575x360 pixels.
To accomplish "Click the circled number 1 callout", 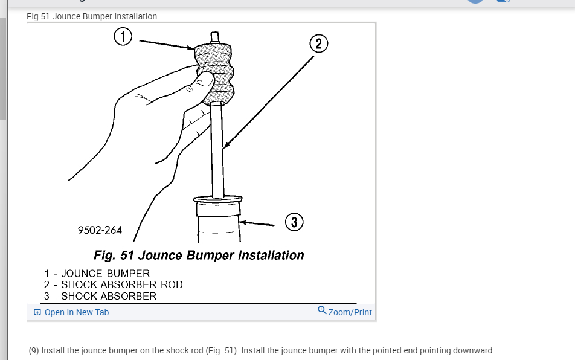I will point(123,37).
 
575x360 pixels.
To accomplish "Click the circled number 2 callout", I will point(318,44).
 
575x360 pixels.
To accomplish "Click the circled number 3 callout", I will point(294,222).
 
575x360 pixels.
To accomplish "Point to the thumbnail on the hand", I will point(205,79).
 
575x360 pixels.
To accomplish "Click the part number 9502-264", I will point(100,230).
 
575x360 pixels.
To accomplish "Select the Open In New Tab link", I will point(77,312).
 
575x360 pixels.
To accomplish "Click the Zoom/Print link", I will point(350,312).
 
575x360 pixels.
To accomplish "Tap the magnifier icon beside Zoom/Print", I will point(322,310).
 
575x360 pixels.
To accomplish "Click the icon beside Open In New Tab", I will point(37,312).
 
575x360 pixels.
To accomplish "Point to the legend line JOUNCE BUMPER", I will point(97,273).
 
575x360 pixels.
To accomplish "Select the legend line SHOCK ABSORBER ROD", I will point(113,284).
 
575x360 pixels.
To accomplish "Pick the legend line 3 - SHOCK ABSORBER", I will point(100,296).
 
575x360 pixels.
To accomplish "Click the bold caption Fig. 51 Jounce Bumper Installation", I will point(199,255).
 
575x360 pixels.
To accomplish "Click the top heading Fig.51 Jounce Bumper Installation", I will point(92,16).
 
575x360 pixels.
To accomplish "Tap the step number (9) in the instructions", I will point(34,350).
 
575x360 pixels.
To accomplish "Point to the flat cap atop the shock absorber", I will point(217,198).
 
